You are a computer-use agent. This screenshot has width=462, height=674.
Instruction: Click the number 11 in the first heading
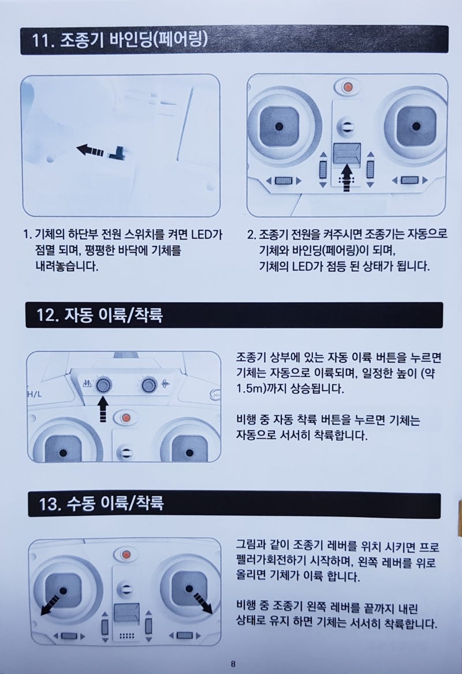click(x=44, y=42)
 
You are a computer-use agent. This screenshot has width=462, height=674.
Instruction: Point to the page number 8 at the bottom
click(x=232, y=663)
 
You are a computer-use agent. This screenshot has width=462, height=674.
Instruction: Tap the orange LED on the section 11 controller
click(x=347, y=88)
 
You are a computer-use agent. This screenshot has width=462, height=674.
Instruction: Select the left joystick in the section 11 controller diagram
click(x=279, y=126)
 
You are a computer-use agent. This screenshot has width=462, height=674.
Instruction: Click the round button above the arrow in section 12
click(x=104, y=384)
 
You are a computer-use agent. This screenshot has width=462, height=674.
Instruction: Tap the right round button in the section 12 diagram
click(x=149, y=384)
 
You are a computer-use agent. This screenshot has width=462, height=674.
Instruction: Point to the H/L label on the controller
click(x=34, y=395)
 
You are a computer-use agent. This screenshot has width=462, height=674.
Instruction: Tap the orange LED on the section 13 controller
click(x=124, y=555)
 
